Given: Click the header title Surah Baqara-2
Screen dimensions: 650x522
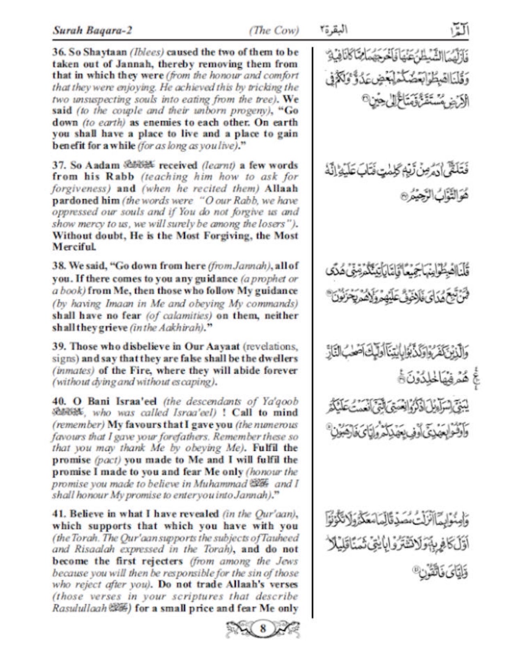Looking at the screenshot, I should [92, 30].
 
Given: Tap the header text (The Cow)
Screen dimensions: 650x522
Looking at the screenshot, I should [274, 30].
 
